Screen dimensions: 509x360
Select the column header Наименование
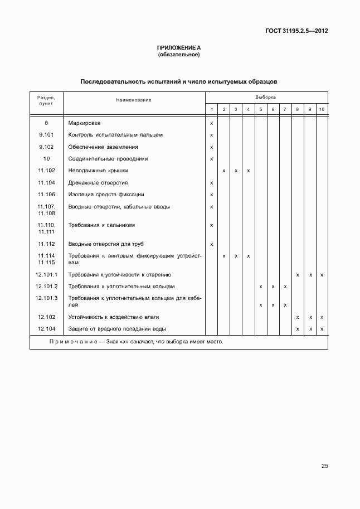[x=134, y=100]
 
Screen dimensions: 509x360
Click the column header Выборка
[x=266, y=96]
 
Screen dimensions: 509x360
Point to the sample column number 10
[x=322, y=109]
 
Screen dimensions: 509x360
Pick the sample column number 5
[x=260, y=109]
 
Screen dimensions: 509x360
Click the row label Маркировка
[x=84, y=123]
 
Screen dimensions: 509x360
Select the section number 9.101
[x=46, y=135]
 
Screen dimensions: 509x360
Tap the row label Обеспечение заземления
[x=103, y=147]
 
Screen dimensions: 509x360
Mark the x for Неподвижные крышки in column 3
[x=236, y=171]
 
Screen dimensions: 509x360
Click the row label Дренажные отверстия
[x=98, y=183]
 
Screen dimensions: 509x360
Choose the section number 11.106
[x=46, y=195]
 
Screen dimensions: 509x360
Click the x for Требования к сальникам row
[x=211, y=225]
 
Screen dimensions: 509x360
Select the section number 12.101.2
[x=46, y=287]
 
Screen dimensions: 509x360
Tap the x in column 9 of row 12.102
[x=309, y=317]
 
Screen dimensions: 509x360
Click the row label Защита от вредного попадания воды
[x=117, y=329]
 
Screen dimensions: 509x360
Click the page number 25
[x=324, y=466]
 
